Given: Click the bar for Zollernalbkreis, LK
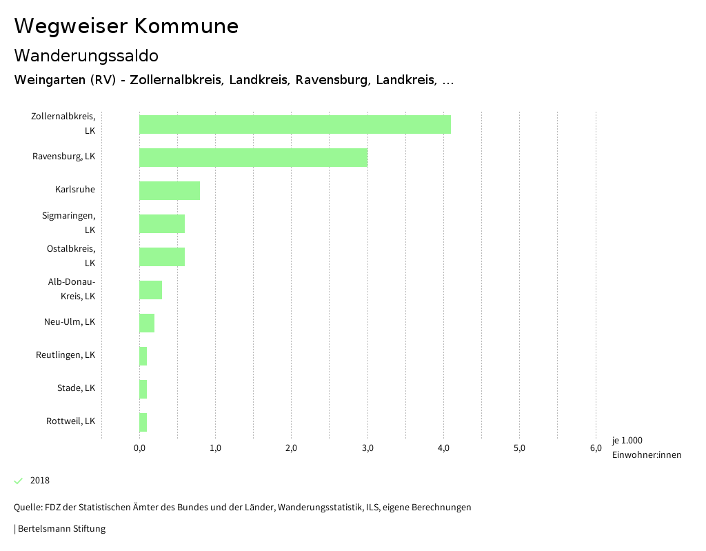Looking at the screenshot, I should point(294,124).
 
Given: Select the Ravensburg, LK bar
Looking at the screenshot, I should point(253,157).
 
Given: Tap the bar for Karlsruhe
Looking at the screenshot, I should point(170,190).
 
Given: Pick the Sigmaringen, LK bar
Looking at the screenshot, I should point(162,223).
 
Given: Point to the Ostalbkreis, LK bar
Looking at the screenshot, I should point(162,257).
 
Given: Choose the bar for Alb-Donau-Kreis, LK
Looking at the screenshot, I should point(150,290).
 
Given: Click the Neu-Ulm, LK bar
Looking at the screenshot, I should point(147,323).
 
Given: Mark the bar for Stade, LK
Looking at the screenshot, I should point(143,389).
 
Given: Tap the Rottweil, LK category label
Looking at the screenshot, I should point(70,421).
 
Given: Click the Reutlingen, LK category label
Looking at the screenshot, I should point(65,355).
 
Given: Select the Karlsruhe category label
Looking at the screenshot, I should point(75,190).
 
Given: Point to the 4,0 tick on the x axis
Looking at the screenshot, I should point(444,449).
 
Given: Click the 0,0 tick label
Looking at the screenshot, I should point(139,449).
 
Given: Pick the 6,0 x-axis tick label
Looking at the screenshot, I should point(596,449).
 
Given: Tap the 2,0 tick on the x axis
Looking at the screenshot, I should point(291,449).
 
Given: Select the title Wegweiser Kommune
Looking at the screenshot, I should point(126,26).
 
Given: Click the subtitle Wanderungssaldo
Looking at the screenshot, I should point(86,55).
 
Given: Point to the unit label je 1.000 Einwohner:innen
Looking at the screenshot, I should point(646,448).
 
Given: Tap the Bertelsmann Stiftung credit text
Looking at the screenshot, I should point(61,529).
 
